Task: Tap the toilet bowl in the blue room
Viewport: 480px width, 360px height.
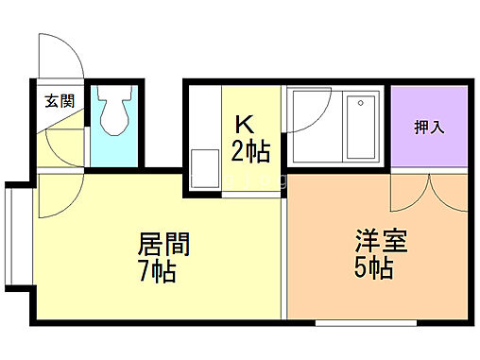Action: point(115,115)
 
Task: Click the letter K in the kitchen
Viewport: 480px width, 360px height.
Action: point(244,124)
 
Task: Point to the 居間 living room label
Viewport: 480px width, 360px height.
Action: point(164,245)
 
